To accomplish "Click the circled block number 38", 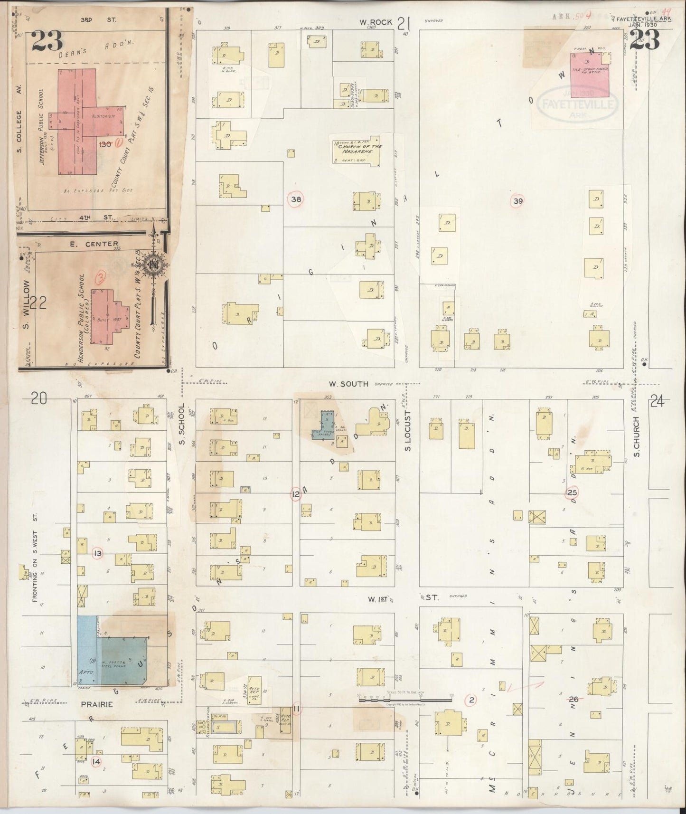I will [x=296, y=199].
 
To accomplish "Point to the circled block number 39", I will [x=517, y=201].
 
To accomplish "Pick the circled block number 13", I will [x=98, y=553].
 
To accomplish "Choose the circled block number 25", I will [x=572, y=492].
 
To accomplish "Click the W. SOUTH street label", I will [x=350, y=384].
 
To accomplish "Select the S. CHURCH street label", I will [x=637, y=437].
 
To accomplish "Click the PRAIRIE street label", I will [x=100, y=704].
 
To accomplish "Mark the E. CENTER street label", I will [x=102, y=244].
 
